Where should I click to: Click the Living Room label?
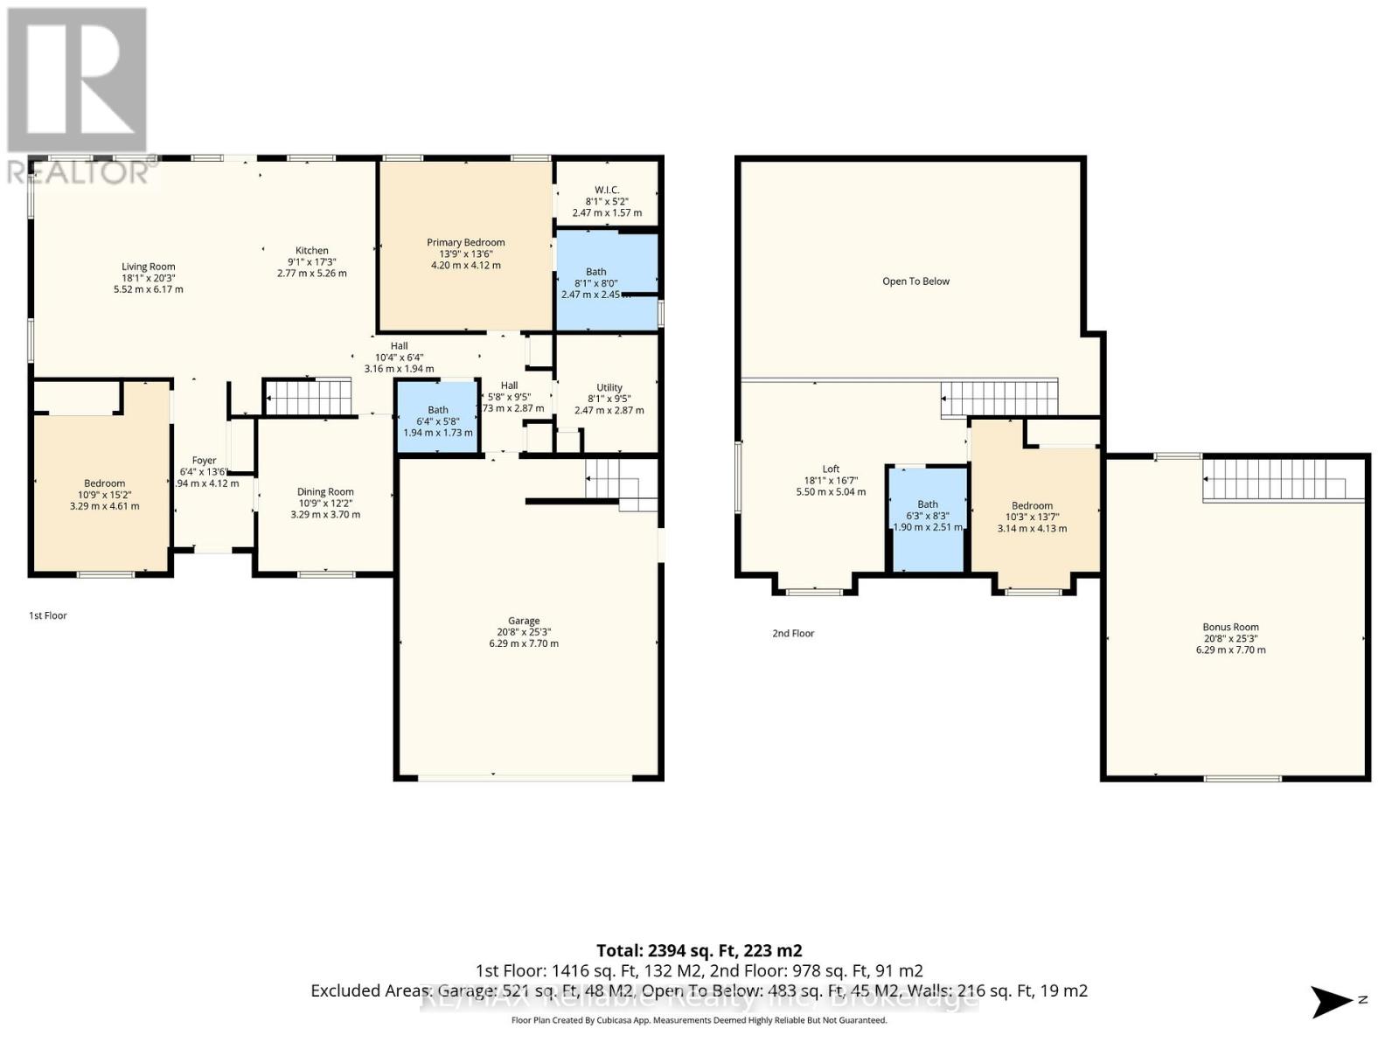(148, 267)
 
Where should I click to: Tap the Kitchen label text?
(311, 250)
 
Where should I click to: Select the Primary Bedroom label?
(465, 242)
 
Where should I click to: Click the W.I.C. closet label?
(607, 190)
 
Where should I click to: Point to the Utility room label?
(609, 387)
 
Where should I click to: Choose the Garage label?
(524, 621)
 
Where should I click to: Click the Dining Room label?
(325, 491)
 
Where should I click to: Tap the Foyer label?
(204, 460)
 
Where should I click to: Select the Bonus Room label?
(1230, 626)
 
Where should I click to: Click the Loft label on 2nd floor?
(831, 469)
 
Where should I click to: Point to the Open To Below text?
(915, 281)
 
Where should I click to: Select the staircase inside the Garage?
(621, 484)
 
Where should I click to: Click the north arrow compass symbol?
(1333, 1001)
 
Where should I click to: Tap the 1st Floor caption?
(48, 615)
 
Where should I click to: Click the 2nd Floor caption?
(793, 633)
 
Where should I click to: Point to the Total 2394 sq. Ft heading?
(699, 950)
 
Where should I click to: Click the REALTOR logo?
(78, 96)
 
